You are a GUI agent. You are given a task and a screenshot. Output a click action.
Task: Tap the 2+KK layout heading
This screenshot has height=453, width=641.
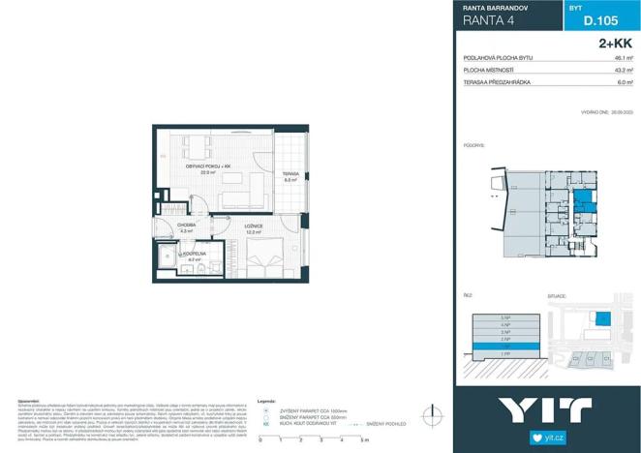click(x=616, y=44)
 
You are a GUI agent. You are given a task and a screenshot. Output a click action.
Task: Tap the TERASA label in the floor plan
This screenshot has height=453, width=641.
click(x=290, y=175)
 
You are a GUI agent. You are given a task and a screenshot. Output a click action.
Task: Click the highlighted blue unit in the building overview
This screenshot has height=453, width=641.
click(x=584, y=201)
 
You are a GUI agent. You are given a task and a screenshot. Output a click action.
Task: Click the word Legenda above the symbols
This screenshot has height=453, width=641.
click(x=270, y=399)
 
